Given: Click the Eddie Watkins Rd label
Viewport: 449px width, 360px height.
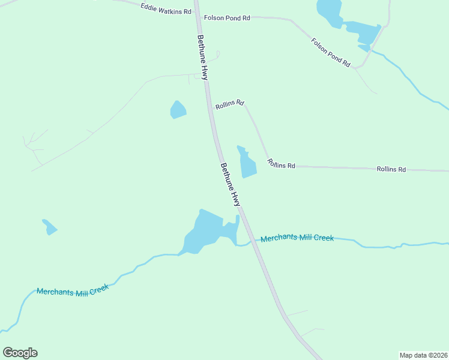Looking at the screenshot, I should point(166,8).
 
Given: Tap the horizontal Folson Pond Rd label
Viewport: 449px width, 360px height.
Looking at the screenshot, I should point(227,18).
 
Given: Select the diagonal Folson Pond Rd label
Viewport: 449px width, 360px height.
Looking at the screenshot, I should point(331,52).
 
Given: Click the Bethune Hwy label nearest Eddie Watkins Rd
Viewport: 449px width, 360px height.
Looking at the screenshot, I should point(203,57).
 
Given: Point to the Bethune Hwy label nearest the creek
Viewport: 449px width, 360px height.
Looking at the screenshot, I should point(231,185).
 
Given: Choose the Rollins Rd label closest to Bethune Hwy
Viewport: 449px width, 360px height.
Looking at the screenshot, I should point(229,103).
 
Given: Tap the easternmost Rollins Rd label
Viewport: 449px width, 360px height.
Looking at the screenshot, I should point(391,169).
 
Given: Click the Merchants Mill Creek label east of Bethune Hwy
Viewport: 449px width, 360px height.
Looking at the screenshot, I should point(297,238).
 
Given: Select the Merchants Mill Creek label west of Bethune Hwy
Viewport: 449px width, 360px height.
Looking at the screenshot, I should point(73,290).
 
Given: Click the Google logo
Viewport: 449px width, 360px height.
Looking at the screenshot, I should point(20,353).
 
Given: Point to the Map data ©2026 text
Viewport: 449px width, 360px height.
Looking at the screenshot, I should point(423,355).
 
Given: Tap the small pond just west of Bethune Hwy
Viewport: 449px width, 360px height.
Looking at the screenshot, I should point(178,110).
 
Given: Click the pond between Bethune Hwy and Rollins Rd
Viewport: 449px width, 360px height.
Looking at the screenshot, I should point(247,163).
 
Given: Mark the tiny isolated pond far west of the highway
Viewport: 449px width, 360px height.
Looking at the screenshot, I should point(49,227).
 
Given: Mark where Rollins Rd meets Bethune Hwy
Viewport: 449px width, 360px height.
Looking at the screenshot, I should point(211,108).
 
